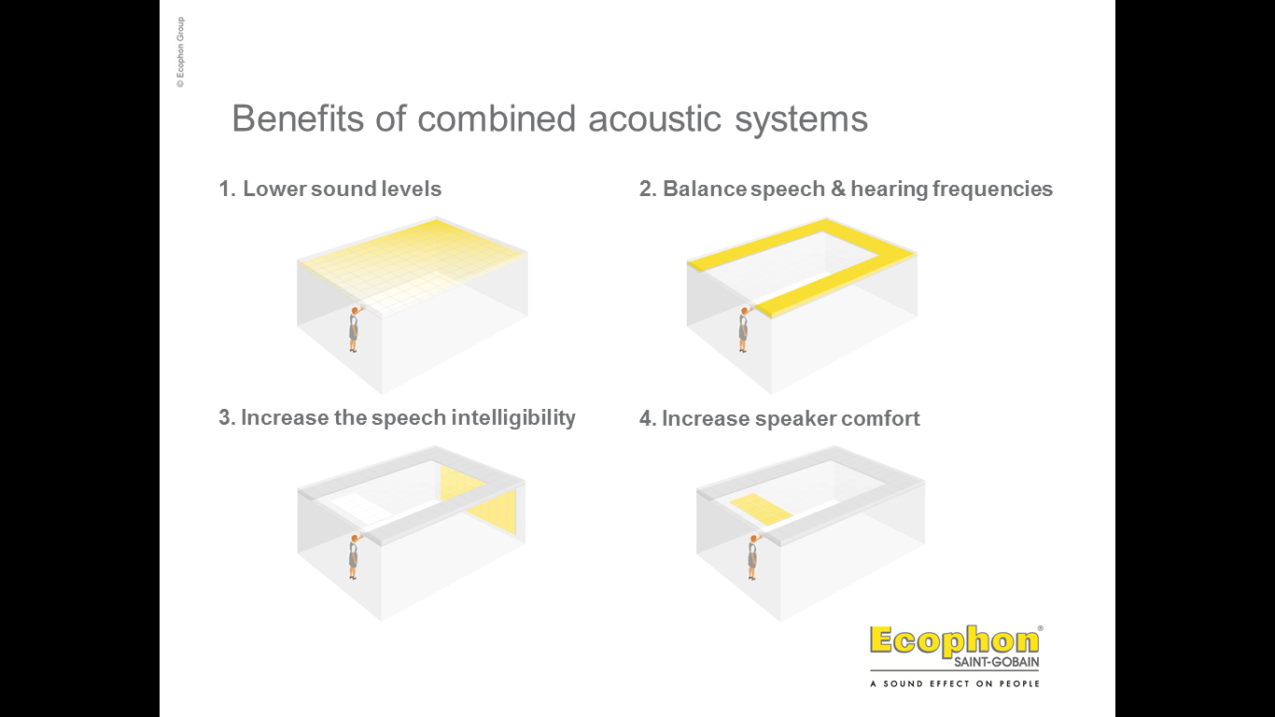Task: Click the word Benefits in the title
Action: pyautogui.click(x=297, y=119)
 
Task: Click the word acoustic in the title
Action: pyautogui.click(x=654, y=119)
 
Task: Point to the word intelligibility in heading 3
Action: pyautogui.click(x=513, y=418)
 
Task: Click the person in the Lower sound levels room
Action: pyautogui.click(x=354, y=330)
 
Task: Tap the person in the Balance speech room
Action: pyautogui.click(x=744, y=330)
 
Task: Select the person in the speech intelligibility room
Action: pyautogui.click(x=354, y=557)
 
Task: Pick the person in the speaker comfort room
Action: pyautogui.click(x=753, y=557)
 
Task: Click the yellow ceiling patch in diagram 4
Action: pyautogui.click(x=761, y=509)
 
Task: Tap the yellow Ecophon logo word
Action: pyautogui.click(x=955, y=641)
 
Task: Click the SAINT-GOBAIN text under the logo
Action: pyautogui.click(x=997, y=662)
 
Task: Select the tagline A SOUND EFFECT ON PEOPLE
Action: pyautogui.click(x=955, y=683)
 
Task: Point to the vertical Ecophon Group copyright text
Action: pyautogui.click(x=180, y=52)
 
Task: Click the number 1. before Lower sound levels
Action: pyautogui.click(x=227, y=189)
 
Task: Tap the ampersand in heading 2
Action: pyautogui.click(x=838, y=189)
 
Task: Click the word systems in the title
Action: pyautogui.click(x=801, y=119)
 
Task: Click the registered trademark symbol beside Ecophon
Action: pyautogui.click(x=1041, y=628)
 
